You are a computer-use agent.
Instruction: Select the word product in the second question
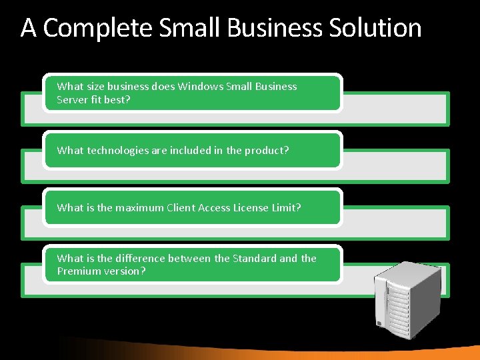[x=267, y=150]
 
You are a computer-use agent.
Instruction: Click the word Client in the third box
[x=182, y=207]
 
